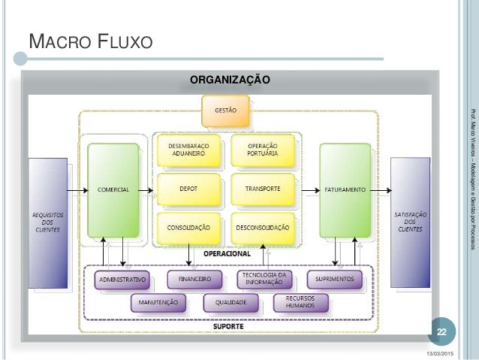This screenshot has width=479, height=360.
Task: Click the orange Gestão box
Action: [x=225, y=110]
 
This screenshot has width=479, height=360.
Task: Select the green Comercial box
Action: [x=113, y=190]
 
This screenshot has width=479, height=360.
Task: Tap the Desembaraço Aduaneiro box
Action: [x=188, y=150]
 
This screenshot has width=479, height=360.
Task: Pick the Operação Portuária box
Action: [x=263, y=150]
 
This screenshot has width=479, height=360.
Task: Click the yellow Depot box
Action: [x=188, y=189]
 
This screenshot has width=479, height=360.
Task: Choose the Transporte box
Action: [x=263, y=189]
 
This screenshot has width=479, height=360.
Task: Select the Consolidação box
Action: [x=188, y=228]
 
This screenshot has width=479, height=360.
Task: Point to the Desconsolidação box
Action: [x=263, y=228]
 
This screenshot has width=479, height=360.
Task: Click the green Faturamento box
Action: [x=345, y=190]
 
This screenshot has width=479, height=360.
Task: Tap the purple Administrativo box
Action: [x=122, y=280]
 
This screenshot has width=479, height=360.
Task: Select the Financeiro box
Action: [x=194, y=280]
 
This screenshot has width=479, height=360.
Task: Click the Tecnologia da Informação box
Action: [x=264, y=280]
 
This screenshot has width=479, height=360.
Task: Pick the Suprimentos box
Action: [x=335, y=280]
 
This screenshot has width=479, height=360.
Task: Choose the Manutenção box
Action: [x=158, y=303]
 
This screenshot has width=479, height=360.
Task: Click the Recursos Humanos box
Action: [x=300, y=303]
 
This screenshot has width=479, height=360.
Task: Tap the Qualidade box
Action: [x=230, y=303]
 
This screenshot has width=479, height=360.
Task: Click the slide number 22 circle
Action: [x=442, y=332]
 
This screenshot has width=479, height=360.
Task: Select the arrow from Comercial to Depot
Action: [x=146, y=191]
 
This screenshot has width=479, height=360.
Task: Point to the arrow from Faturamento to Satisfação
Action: [x=381, y=191]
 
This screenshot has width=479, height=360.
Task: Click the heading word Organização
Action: [x=230, y=80]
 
